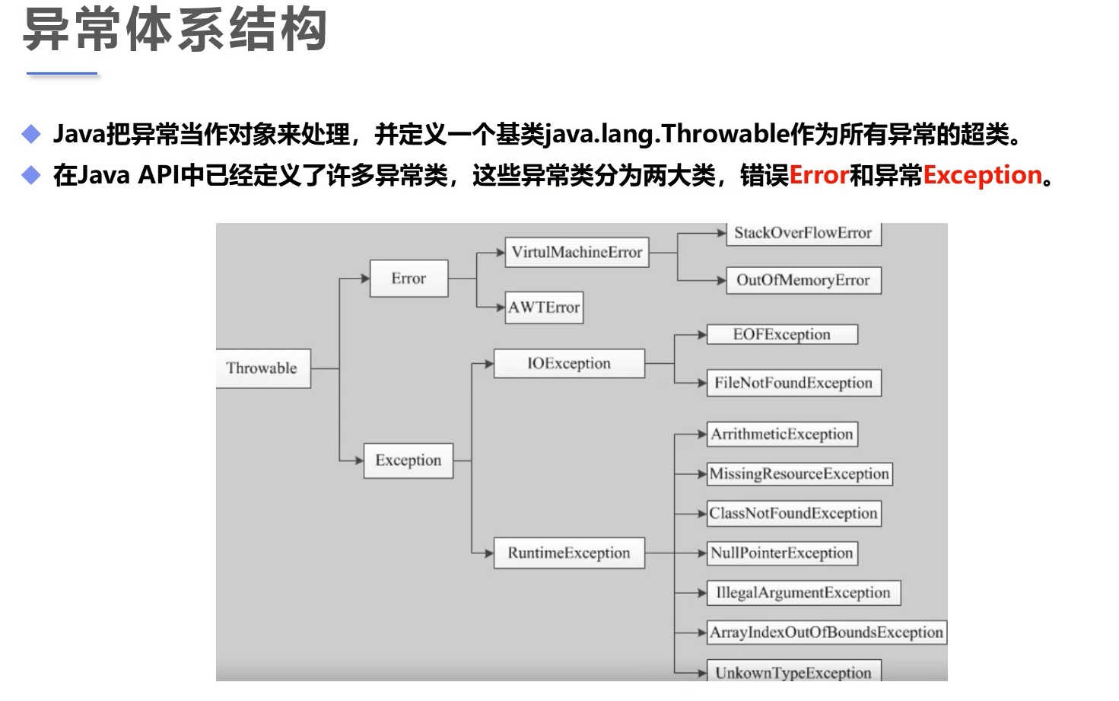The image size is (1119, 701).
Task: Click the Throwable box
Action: click(262, 368)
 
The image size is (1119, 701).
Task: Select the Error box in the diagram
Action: click(408, 279)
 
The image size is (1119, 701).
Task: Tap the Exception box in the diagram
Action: click(408, 460)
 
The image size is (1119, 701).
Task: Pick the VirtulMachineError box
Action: click(577, 252)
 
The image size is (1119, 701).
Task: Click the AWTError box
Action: click(544, 307)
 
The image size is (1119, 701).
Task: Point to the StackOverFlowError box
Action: click(803, 234)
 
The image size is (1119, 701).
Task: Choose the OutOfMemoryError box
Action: click(803, 280)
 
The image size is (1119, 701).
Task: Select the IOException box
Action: click(569, 364)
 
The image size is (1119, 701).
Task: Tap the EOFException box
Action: click(782, 335)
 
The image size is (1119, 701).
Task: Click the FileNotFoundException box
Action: click(793, 383)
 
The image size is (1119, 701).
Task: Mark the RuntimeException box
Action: click(569, 553)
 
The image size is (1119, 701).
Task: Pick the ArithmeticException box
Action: click(782, 434)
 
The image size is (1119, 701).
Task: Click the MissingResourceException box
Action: click(799, 473)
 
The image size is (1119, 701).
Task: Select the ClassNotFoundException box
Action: click(793, 513)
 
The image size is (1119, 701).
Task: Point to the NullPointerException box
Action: click(782, 553)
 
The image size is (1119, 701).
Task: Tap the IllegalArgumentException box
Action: click(803, 592)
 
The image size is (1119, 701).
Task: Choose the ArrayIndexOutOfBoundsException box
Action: click(826, 632)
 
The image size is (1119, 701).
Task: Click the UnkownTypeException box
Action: click(793, 672)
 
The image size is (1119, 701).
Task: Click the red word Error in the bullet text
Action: click(819, 176)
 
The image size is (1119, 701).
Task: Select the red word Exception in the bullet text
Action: click(982, 176)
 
